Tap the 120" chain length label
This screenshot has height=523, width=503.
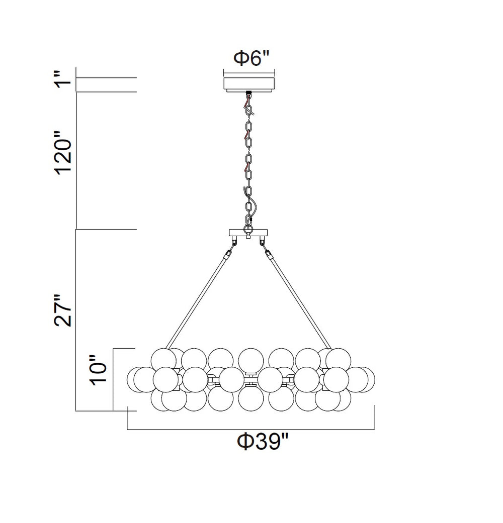64,154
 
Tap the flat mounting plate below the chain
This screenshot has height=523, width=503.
248,234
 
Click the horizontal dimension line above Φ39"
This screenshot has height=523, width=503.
251,430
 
